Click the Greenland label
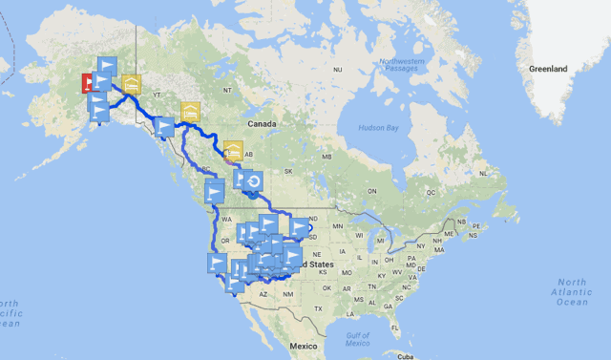(549, 69)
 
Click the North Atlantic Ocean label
(572, 292)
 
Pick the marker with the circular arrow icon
(254, 180)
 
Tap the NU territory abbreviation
(337, 70)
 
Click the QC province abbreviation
(430, 191)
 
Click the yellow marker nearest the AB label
(233, 149)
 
